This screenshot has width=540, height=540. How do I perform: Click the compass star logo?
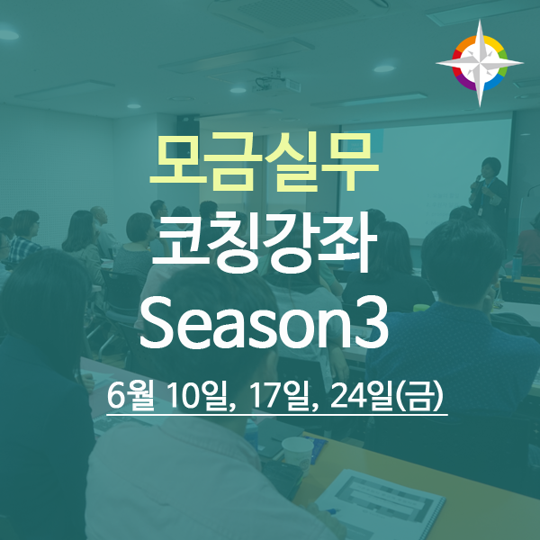pyautogui.click(x=480, y=63)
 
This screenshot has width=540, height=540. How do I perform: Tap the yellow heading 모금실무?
pyautogui.click(x=265, y=162)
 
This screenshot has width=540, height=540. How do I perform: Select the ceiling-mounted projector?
pyautogui.click(x=276, y=83)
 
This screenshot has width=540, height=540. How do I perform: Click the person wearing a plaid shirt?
pyautogui.click(x=23, y=237)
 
